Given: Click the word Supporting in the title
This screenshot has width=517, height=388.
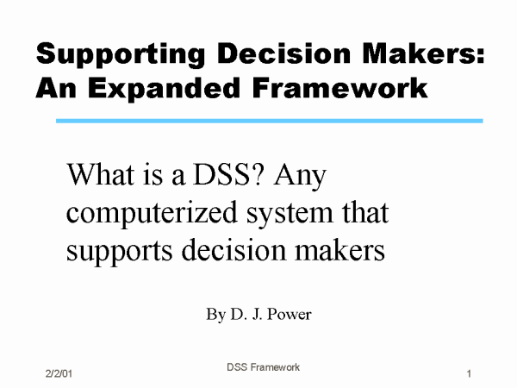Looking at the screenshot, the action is click(x=121, y=55).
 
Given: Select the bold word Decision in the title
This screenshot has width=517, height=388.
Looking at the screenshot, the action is click(x=283, y=53).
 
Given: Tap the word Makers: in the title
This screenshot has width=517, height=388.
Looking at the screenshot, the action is click(x=423, y=53).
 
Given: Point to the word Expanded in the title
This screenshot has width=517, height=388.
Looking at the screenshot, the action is click(x=164, y=90).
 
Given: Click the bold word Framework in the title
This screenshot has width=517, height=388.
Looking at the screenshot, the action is click(x=340, y=88).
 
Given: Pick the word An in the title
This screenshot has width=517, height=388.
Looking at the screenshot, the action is click(x=56, y=88).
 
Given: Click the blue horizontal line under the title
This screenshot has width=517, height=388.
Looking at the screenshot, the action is click(x=270, y=121).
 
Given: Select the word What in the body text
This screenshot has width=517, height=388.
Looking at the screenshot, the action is click(x=100, y=174).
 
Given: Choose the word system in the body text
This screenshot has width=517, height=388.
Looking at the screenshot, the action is click(x=290, y=215).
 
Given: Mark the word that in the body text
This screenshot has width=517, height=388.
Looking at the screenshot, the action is click(x=365, y=212).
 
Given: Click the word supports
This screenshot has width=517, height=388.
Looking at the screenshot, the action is click(x=119, y=252).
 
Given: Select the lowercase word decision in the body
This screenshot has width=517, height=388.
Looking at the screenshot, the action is click(x=234, y=249).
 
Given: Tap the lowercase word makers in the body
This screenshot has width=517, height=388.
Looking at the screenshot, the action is click(x=340, y=249).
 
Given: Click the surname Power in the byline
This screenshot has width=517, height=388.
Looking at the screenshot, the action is click(x=290, y=314).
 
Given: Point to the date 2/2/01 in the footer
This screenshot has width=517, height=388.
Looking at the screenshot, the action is click(x=59, y=373).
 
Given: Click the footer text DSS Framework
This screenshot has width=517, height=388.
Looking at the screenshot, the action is click(x=263, y=367).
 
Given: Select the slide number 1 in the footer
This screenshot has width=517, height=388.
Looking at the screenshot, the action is click(x=469, y=374).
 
